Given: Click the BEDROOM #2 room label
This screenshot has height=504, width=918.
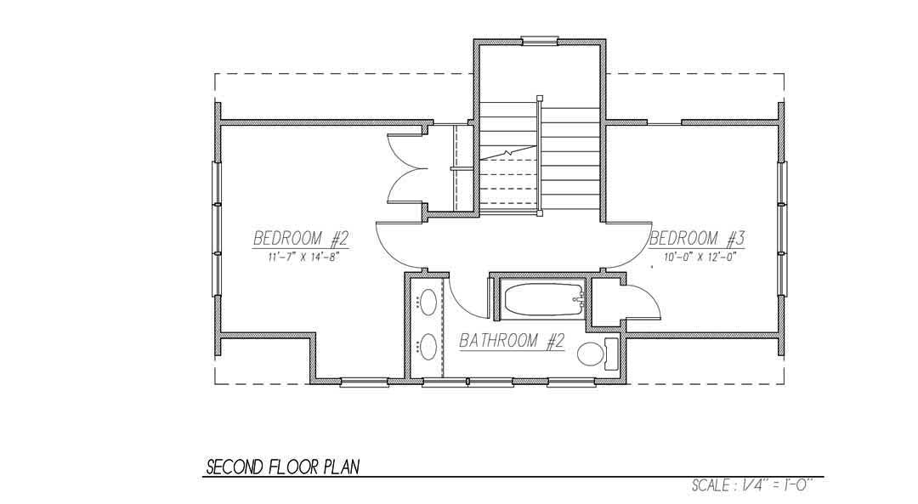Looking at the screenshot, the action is (302, 239).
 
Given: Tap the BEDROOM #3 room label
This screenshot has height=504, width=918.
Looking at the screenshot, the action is (697, 239).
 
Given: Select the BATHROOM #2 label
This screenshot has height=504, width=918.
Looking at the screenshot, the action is (512, 341).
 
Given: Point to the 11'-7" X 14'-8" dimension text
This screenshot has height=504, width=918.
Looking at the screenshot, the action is (303, 257).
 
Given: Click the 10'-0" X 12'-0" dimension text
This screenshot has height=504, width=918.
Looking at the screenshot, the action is (699, 257).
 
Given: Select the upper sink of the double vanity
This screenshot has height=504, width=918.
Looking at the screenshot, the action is (428, 303).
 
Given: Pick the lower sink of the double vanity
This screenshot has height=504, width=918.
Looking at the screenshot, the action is (428, 347).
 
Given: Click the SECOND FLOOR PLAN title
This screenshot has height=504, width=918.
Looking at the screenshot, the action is (283, 467).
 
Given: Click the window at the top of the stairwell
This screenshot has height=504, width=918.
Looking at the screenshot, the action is (539, 41).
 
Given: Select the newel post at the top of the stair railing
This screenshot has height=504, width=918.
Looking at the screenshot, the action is (539, 99).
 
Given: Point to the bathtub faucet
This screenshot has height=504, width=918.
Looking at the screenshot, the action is (579, 298).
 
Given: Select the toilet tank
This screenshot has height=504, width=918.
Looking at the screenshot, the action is (611, 354).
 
